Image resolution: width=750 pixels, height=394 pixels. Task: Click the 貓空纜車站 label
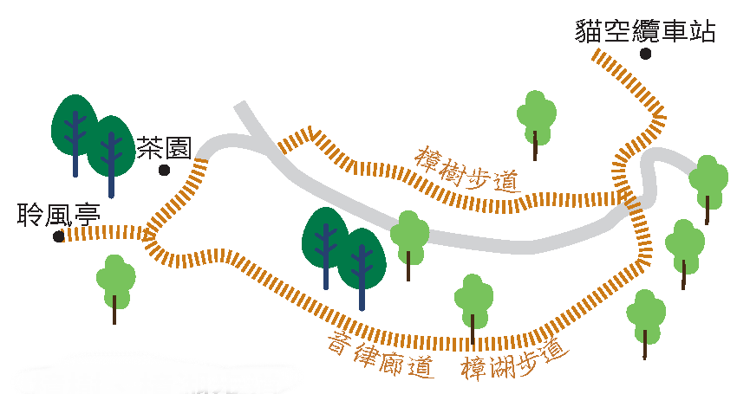(x=645, y=31)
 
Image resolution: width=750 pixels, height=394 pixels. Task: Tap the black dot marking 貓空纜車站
(x=645, y=54)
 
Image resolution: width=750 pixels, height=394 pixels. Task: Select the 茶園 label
(x=164, y=147)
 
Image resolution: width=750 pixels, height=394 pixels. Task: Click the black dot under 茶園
(x=164, y=170)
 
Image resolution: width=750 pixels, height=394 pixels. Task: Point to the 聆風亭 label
(x=58, y=215)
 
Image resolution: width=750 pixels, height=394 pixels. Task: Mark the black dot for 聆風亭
(x=59, y=236)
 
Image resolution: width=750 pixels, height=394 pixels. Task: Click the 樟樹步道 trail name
(x=466, y=169)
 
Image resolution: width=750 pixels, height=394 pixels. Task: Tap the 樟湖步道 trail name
(x=515, y=360)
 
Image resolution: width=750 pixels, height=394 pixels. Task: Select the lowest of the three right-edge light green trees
(x=646, y=323)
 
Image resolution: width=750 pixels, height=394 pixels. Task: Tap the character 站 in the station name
(x=701, y=31)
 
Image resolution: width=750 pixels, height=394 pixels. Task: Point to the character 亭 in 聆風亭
(x=87, y=215)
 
